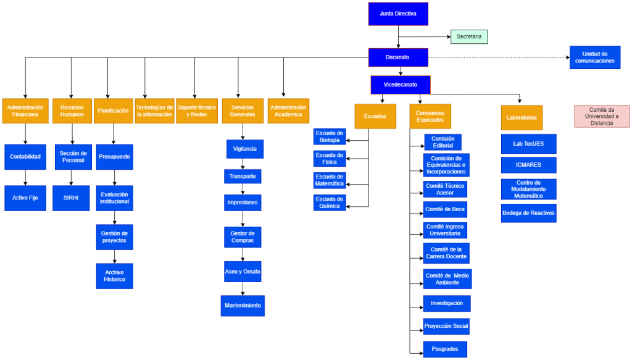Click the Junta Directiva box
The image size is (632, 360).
[398, 14]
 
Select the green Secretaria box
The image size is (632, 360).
[469, 36]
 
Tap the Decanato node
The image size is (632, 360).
[398, 57]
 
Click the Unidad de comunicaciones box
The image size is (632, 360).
[595, 57]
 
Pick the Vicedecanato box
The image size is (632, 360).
[401, 85]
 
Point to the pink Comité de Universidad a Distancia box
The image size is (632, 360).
[602, 117]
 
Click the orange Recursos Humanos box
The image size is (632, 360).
[72, 111]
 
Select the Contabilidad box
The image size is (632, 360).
[25, 157]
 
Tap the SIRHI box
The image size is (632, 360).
[71, 198]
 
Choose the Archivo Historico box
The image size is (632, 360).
[114, 276]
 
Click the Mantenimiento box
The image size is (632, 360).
[243, 306]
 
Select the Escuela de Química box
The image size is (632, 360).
[330, 203]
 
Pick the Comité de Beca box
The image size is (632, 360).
[445, 209]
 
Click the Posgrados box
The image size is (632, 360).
[445, 349]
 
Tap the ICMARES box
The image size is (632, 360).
[529, 165]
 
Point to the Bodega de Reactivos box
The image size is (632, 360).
[529, 213]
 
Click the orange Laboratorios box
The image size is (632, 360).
[522, 118]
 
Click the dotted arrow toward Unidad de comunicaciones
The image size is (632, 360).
[499, 57]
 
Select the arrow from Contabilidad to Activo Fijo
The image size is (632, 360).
[25, 177]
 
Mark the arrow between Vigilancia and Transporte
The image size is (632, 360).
[243, 164]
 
